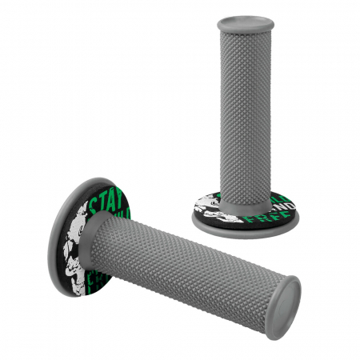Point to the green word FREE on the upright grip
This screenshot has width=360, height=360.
(x=258, y=219)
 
